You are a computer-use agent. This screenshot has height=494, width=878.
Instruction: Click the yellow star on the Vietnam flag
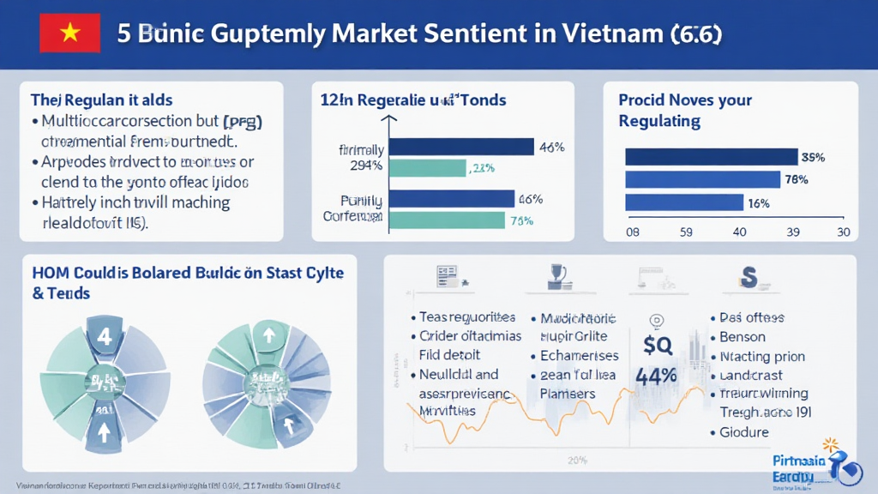(x=70, y=34)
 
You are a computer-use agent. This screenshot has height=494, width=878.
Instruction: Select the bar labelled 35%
(x=711, y=157)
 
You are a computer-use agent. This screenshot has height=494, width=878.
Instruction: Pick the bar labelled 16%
(x=683, y=203)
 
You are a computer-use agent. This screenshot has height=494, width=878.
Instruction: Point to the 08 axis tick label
(x=634, y=232)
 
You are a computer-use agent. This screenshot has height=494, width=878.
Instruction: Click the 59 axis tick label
(x=686, y=232)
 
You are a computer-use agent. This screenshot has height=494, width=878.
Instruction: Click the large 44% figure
(x=657, y=376)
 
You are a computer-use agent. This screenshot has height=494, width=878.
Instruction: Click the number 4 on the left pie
(x=105, y=336)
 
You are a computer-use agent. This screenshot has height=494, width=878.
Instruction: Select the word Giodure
(x=744, y=432)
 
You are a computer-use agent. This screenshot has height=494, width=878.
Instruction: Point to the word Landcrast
(x=752, y=375)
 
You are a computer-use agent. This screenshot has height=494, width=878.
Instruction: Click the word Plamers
(x=568, y=394)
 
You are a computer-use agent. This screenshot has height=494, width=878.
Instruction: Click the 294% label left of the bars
(x=367, y=166)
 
